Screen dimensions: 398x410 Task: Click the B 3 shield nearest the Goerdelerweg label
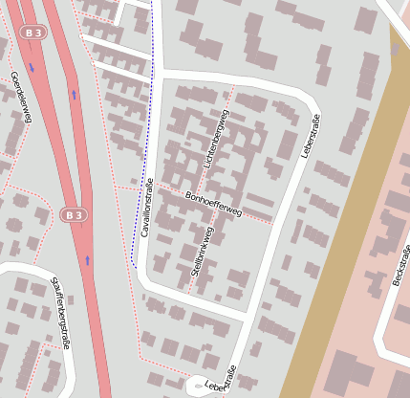click(x=33, y=33)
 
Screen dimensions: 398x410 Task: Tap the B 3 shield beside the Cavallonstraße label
click(x=74, y=215)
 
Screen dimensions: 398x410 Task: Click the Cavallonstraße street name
click(x=146, y=207)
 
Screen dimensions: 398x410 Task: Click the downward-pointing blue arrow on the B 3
click(x=32, y=68)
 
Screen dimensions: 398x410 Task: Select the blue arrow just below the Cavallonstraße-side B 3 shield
click(x=86, y=259)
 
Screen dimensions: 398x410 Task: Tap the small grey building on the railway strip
click(x=396, y=50)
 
